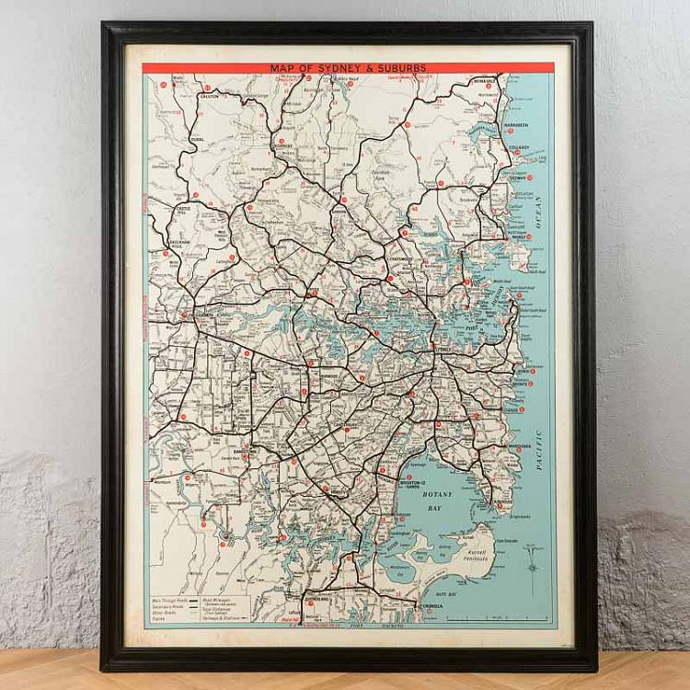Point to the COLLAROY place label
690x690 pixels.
518,147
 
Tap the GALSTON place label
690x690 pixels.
209,96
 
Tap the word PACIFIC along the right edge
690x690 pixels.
539,447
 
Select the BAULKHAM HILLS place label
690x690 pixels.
178,246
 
